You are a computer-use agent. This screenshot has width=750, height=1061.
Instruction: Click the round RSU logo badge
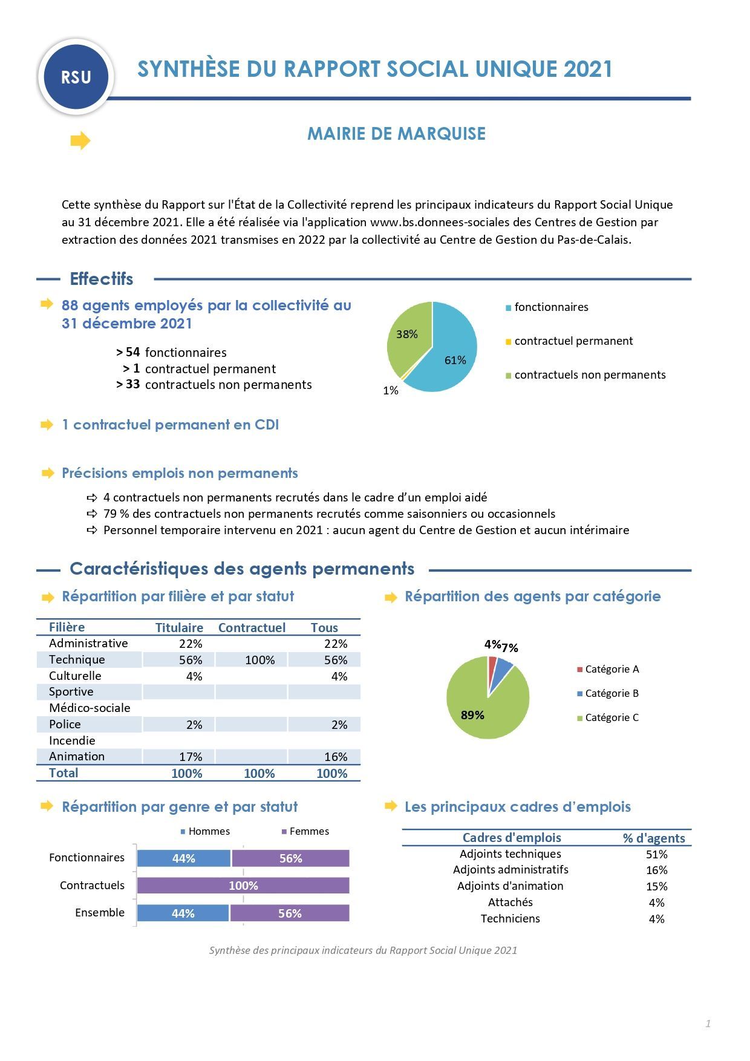76,77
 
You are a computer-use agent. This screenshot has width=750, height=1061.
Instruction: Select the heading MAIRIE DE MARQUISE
396,134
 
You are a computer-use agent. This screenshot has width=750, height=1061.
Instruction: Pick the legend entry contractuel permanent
569,341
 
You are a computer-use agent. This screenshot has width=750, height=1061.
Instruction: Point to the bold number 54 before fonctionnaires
132,352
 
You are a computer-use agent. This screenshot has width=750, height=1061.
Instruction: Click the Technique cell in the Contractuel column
259,660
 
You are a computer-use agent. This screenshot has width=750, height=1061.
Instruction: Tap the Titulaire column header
179,628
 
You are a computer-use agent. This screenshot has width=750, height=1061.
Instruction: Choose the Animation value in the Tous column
336,757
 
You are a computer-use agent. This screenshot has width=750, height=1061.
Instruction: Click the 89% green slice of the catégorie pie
484,705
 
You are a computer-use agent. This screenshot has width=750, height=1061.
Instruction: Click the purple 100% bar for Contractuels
243,886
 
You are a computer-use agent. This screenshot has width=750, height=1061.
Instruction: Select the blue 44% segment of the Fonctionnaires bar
184,858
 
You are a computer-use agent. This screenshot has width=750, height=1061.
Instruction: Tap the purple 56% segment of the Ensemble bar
290,913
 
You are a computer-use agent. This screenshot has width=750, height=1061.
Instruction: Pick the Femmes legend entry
305,832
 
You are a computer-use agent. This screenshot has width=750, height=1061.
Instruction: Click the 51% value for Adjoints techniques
656,855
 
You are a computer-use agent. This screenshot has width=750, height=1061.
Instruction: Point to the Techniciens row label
510,919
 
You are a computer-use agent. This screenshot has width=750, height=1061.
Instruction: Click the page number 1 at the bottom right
708,1023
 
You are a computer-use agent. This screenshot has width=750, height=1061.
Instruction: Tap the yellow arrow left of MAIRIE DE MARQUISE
80,141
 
